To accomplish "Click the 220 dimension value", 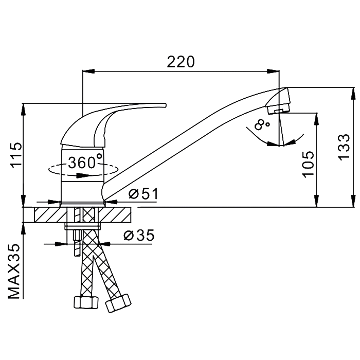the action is point(181,62).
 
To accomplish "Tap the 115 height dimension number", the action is point(17,155).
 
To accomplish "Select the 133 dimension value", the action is point(344,147).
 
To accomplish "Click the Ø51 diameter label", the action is point(143,193).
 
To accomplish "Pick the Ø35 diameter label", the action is point(139,236).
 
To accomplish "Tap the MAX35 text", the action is point(14,272).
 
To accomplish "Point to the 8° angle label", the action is point(261,124).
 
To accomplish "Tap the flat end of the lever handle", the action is point(165,105).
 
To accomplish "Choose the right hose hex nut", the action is point(118,302).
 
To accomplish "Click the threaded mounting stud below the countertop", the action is point(77,243).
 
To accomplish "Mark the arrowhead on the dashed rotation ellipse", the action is point(83,175).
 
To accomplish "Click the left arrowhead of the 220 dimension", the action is point(88,71).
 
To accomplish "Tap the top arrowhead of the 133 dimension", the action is point(353,94).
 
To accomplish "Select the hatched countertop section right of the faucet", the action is point(114,214).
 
